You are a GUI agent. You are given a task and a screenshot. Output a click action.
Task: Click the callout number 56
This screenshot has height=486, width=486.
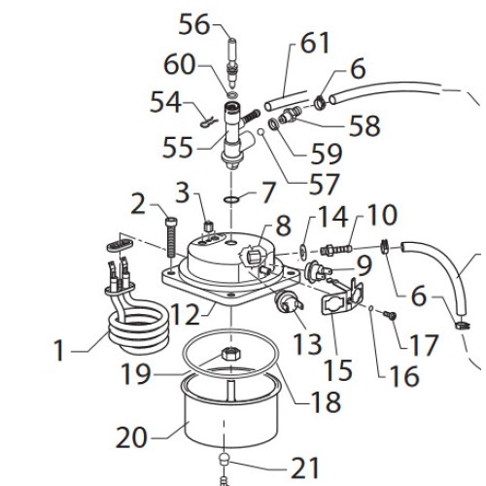(x=194, y=24)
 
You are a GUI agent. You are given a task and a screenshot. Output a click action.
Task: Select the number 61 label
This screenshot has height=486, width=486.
(x=315, y=43)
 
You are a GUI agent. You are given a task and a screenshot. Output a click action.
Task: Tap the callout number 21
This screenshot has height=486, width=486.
(x=305, y=468)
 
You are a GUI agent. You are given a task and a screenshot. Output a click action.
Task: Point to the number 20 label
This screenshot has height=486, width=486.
(x=131, y=437)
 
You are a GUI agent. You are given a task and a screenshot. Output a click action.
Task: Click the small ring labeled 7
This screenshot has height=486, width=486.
(x=231, y=199)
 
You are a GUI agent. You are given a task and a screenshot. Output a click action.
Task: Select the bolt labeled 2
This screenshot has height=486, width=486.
(x=171, y=237)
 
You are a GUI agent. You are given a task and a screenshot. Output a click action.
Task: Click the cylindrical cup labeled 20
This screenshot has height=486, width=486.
(x=230, y=411)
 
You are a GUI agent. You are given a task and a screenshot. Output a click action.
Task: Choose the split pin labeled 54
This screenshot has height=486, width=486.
(x=207, y=123)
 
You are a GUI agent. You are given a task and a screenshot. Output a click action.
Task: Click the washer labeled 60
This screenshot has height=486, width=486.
(x=232, y=95)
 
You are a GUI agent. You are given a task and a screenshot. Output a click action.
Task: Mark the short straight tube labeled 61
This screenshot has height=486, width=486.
(x=285, y=101)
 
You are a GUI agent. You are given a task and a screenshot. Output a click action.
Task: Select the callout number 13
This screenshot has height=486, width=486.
(x=307, y=344)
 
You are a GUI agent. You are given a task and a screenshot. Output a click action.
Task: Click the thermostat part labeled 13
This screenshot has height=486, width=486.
(x=289, y=302)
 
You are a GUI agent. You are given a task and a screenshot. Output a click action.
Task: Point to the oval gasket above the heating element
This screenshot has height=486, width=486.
(x=120, y=245)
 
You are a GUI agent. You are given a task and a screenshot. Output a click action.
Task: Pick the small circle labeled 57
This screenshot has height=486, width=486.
(x=261, y=132)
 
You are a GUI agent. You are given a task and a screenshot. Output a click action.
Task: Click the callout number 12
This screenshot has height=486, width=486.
(x=185, y=314)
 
